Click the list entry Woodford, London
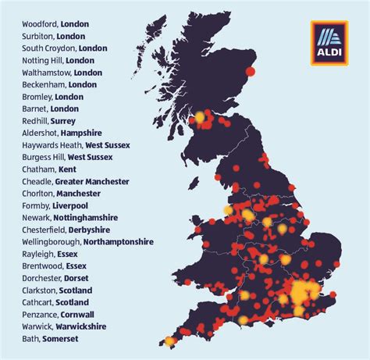59,23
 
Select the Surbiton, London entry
55,36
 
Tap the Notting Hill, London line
59,60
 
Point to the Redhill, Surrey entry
52,121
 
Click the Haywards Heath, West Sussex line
76,145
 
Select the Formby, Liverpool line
55,205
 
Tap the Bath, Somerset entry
51,339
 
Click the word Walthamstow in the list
44,73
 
